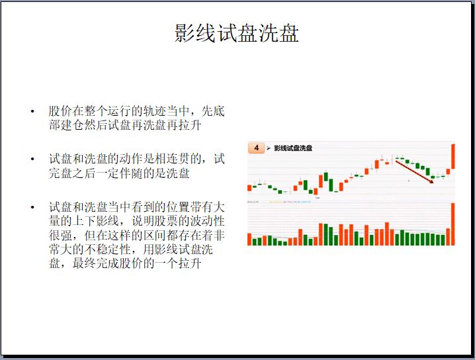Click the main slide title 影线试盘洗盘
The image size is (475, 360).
(x=237, y=33)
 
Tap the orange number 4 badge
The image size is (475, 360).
(x=256, y=148)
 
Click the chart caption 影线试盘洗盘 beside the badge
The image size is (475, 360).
(x=293, y=148)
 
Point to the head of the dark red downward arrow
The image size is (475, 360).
(x=432, y=183)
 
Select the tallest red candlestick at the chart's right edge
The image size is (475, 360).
(x=453, y=156)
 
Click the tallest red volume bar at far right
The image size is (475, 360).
(x=453, y=224)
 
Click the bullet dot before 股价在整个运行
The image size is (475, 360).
(x=32, y=111)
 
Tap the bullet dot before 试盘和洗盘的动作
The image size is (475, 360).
(x=32, y=159)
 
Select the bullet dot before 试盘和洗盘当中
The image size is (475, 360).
(x=32, y=207)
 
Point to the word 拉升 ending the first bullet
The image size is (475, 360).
(x=190, y=125)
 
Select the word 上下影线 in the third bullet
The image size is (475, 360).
(x=96, y=220)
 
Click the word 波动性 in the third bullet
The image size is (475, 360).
(x=208, y=220)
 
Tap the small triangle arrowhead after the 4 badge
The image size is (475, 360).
(x=269, y=148)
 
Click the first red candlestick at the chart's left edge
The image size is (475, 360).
(x=249, y=188)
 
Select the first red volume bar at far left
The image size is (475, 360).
(x=249, y=240)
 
